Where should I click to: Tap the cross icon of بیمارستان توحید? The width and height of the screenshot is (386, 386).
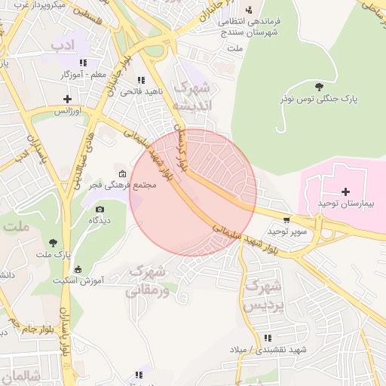coord(346,192)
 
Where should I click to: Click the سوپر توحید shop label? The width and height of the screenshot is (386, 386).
coord(290,231)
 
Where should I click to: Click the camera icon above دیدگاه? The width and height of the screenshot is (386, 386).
coord(100,209)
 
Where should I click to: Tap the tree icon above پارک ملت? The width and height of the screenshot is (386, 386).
coord(53,243)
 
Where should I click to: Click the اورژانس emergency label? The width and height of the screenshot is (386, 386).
coord(66,110)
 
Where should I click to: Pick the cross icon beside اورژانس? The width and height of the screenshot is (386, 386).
coord(68,99)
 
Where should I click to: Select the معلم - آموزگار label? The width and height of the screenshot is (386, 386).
coord(84,75)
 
